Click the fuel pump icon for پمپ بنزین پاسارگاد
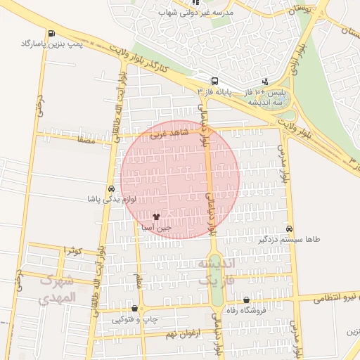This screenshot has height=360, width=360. (x=51, y=33)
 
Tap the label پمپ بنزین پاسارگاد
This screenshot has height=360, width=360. (x=51, y=44)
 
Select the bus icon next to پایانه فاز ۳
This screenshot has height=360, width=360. (x=214, y=81)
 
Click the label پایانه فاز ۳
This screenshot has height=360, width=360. (x=214, y=91)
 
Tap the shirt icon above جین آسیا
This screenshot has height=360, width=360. (x=155, y=216)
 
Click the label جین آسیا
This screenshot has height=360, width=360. (x=155, y=228)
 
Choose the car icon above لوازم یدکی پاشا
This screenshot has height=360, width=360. (x=111, y=189)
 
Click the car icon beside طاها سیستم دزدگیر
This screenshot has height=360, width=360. (x=290, y=229)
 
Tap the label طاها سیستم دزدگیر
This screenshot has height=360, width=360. (x=290, y=240)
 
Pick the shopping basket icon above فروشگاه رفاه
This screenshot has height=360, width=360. (x=245, y=300)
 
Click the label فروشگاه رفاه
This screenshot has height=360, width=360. (x=245, y=310)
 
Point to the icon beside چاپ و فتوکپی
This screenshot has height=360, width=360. (x=134, y=308)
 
